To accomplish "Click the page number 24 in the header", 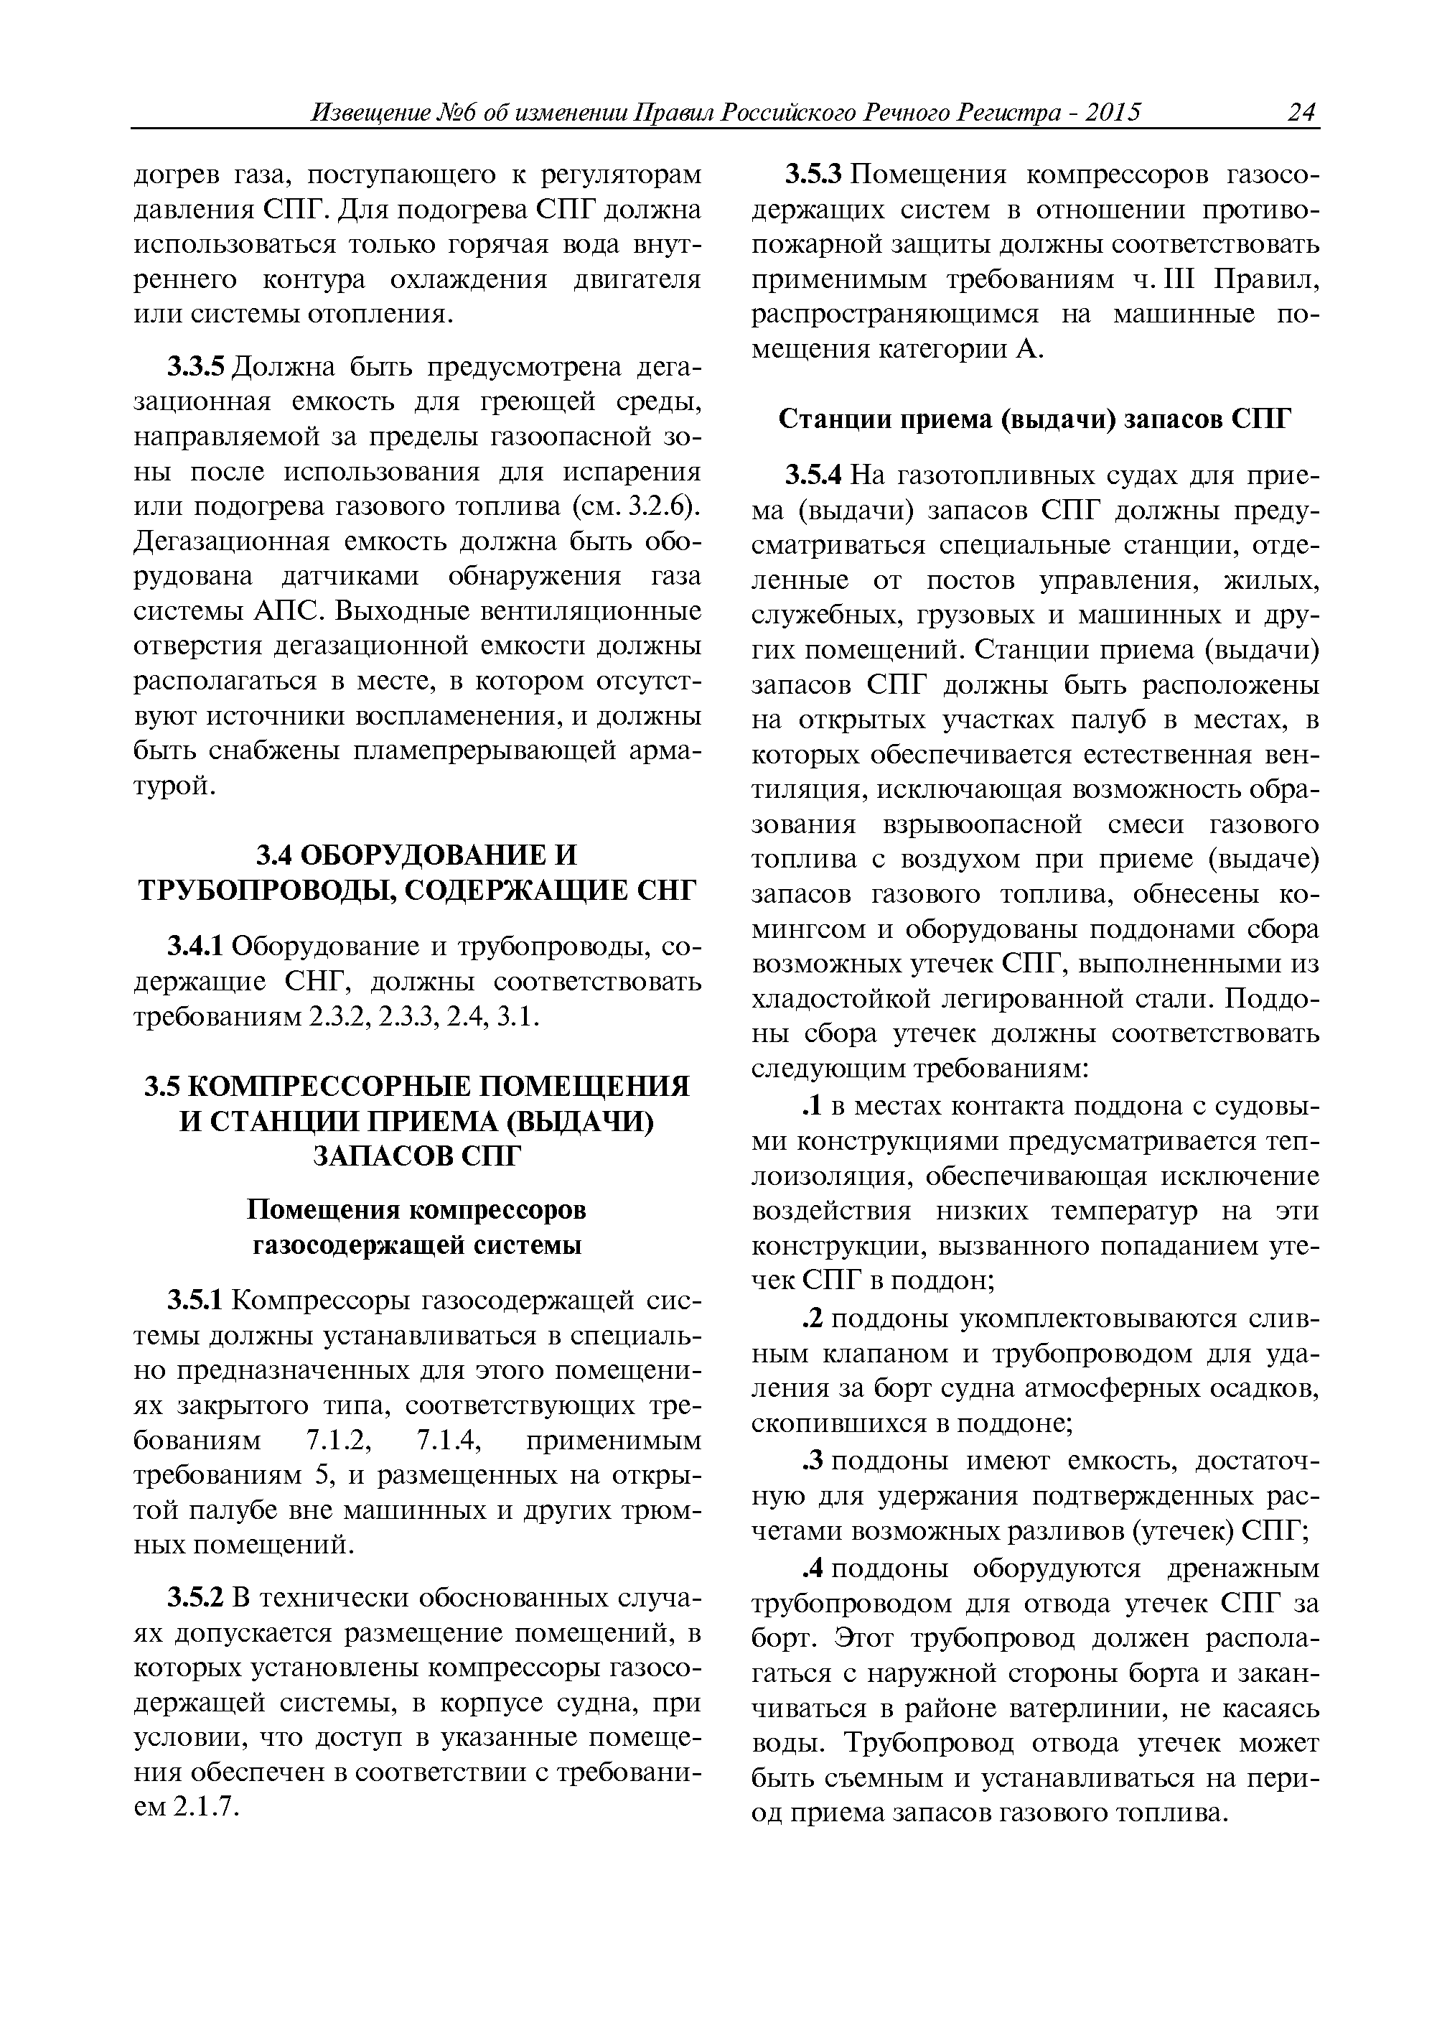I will pos(1301,113).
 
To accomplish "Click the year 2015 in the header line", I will pos(1112,113).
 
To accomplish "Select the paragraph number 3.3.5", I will pos(197,367).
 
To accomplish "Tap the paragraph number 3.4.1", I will pos(197,947).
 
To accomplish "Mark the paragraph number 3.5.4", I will pos(813,476).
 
